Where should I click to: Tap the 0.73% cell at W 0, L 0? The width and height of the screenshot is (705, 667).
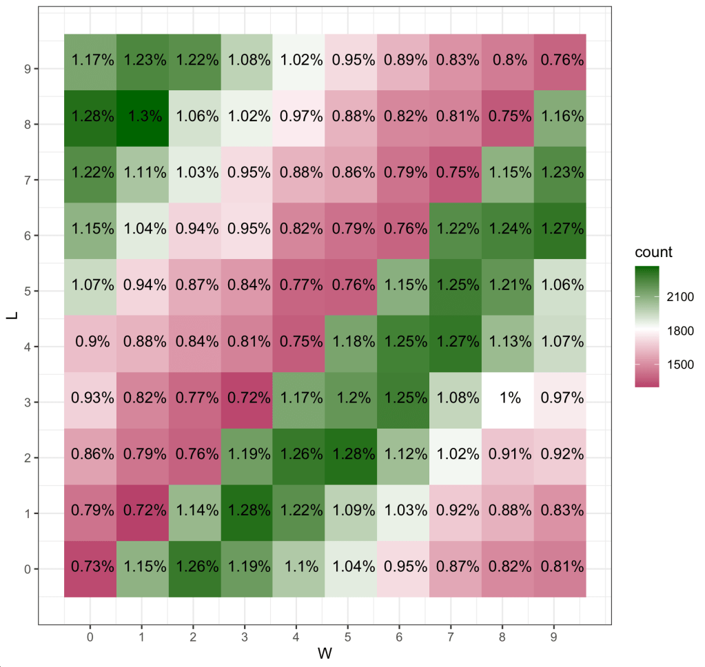coord(90,568)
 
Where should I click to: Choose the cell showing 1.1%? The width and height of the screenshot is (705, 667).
coord(299,568)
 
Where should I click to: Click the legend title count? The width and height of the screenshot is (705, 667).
coord(653,252)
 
